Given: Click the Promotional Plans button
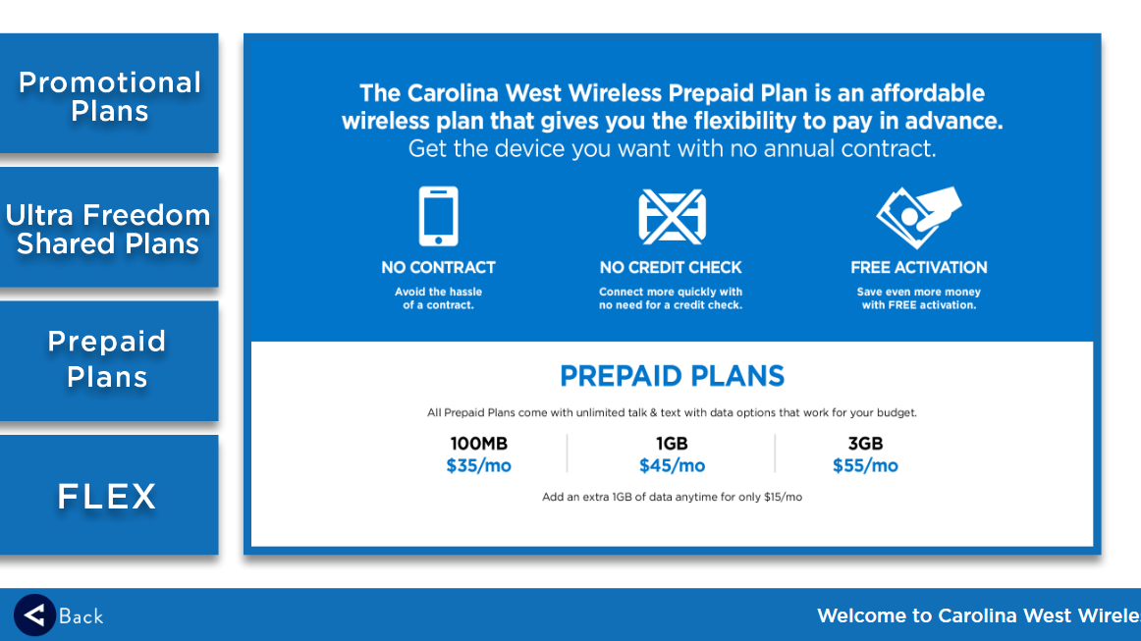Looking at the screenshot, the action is coord(109,93).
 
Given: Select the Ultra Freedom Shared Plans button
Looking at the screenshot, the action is coord(109,227).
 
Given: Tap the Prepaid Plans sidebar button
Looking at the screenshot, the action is coord(109,361).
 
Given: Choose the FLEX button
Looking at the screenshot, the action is coord(109,495).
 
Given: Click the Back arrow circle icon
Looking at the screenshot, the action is coord(34,615).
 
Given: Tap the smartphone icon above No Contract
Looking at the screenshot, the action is coord(438,216).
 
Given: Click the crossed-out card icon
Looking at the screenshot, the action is coord(672,217).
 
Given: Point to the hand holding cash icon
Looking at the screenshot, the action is coord(919,217).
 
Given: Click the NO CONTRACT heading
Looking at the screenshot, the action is coord(438,268).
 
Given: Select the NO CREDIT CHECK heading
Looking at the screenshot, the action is coord(671,268).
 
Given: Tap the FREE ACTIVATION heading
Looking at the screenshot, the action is coord(919,268).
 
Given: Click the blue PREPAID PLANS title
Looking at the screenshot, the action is coord(672,376).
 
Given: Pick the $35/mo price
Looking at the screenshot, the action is coord(479,465).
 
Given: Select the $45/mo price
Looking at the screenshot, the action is coord(672,465).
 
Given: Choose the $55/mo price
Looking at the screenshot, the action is coord(865,465).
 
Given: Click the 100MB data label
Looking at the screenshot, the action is coord(479,444).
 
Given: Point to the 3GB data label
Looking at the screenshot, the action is coord(865,444).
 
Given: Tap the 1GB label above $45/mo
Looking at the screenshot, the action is coord(672,444).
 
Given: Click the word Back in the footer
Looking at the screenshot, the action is coord(81,617).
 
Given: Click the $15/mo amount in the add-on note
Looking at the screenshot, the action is coord(783,497).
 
